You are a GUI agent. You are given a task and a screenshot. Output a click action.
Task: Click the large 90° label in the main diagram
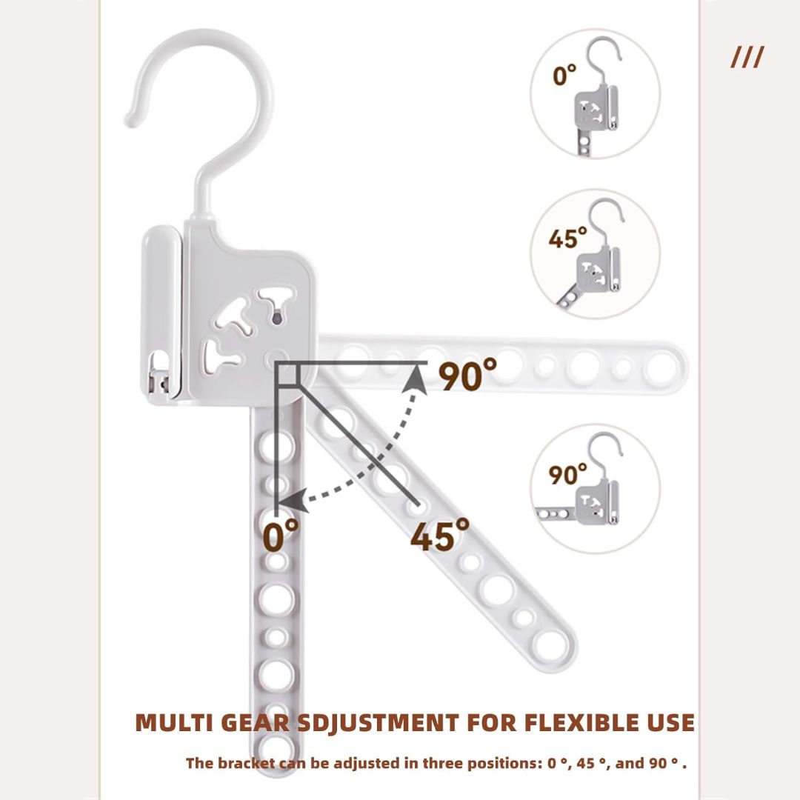467,374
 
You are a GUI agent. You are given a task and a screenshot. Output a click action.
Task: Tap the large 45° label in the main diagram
440,534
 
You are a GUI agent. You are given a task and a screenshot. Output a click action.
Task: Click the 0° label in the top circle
564,76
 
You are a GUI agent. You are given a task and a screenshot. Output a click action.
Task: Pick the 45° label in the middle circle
568,239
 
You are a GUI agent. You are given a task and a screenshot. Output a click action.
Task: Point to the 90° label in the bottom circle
568,474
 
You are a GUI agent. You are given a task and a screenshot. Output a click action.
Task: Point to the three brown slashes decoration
747,56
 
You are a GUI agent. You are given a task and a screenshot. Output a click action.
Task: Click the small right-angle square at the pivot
287,374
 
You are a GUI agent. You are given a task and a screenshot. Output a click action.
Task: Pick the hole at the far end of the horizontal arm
662,367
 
